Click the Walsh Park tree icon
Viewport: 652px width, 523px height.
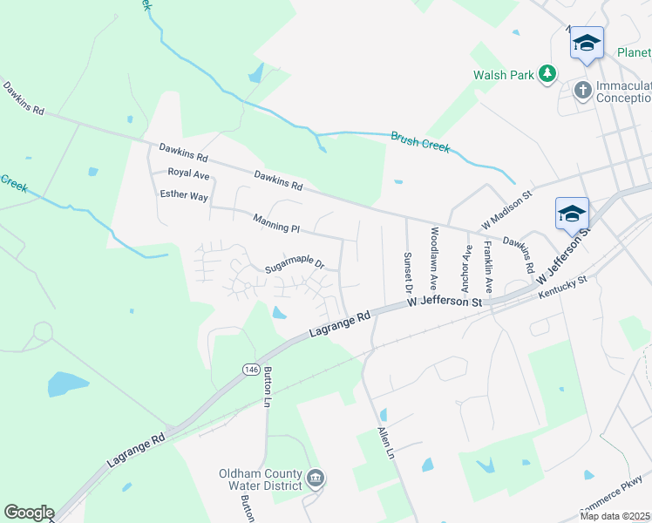547,74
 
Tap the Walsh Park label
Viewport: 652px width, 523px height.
503,75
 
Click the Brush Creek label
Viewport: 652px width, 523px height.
420,141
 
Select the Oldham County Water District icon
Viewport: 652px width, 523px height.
316,477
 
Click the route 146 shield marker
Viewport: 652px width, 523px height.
251,370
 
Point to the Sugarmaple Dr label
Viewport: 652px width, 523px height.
295,261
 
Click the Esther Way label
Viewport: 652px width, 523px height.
184,196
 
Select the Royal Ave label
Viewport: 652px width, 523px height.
189,174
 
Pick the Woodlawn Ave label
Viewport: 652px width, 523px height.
432,259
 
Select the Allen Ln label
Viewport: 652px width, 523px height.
385,444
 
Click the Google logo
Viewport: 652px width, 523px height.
29,513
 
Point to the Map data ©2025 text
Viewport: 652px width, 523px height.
614,516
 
